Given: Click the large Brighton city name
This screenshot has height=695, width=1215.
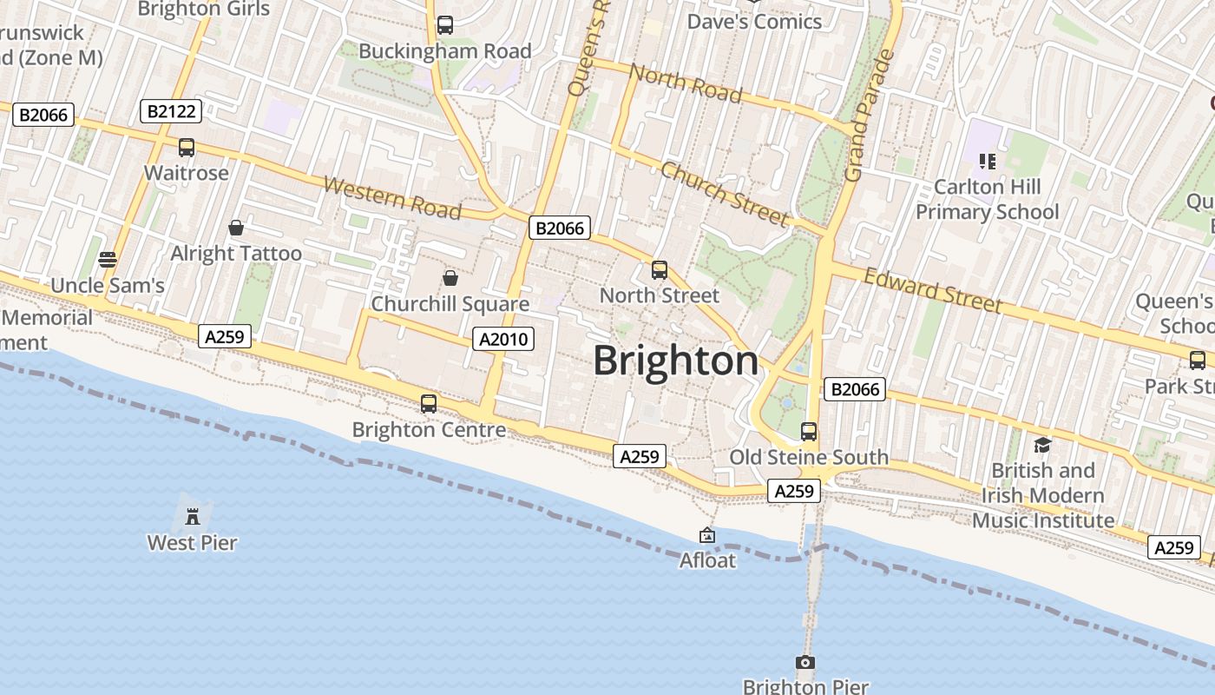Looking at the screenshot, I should [x=675, y=361].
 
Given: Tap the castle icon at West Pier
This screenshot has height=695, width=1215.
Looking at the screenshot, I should [x=193, y=516].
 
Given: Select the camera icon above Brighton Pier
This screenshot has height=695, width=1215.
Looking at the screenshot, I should [x=805, y=663].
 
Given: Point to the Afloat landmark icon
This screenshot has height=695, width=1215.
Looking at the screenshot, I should [x=707, y=536].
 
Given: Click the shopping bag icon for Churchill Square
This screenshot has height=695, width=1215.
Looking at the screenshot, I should [x=450, y=278].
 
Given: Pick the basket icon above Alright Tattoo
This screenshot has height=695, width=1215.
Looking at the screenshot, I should [x=236, y=228].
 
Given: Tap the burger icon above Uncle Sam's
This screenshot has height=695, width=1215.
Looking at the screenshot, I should [x=108, y=259].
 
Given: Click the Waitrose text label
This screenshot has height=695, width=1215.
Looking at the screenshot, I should [x=187, y=173].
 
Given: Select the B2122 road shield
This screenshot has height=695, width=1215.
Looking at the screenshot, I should [x=171, y=111].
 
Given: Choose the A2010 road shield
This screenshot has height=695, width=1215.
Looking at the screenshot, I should [x=503, y=339].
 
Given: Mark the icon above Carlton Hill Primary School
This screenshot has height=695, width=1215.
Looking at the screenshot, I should [x=987, y=161].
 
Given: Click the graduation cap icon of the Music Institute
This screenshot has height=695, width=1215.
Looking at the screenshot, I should [x=1042, y=445].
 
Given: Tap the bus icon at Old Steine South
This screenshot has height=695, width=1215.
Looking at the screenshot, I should [x=809, y=431].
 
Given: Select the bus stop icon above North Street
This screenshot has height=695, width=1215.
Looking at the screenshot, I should [x=660, y=269].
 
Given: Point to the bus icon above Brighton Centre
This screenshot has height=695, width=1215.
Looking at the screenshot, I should [x=429, y=403].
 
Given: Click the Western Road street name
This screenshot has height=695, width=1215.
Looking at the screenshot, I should [x=391, y=197].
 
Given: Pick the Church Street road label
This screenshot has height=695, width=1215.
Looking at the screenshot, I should [x=724, y=194].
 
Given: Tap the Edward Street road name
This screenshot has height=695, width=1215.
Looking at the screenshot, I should [x=933, y=289].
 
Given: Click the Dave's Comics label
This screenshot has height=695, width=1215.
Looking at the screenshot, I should [x=754, y=22].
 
